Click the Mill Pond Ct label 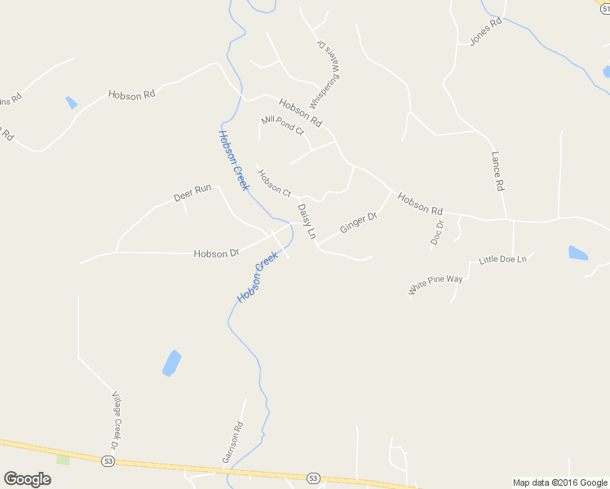click(x=282, y=125)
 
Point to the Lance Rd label click(x=497, y=171)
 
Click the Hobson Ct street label click(x=274, y=183)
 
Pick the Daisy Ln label click(x=306, y=221)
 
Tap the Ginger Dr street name click(x=358, y=222)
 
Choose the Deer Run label click(x=192, y=193)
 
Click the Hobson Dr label click(x=216, y=253)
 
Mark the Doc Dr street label click(x=437, y=232)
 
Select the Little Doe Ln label click(x=503, y=259)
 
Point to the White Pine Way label click(x=435, y=284)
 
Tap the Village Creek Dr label click(x=115, y=420)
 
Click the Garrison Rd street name click(x=232, y=443)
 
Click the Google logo click(x=27, y=479)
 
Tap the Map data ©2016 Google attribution click(x=560, y=482)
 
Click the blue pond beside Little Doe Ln click(x=577, y=253)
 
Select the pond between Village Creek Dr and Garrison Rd click(x=171, y=363)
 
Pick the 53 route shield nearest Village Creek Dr click(x=108, y=461)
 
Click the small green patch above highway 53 click(x=63, y=460)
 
